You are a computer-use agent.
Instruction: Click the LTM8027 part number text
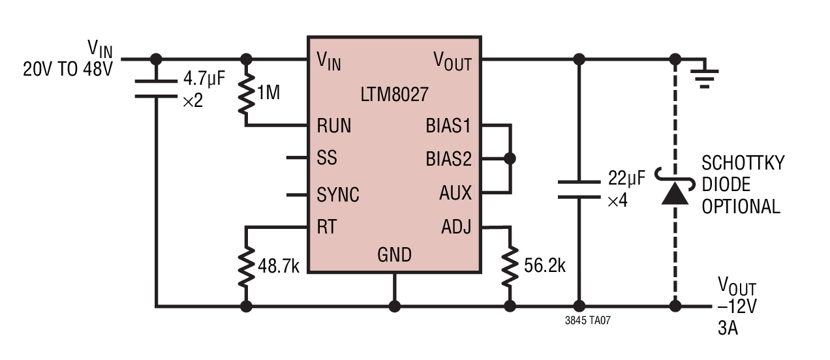click(x=394, y=95)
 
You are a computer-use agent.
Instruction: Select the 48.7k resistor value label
click(x=279, y=266)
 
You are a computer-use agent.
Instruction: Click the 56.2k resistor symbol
click(x=510, y=266)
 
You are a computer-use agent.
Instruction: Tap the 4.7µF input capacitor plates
click(x=156, y=89)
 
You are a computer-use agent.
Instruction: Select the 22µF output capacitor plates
click(x=579, y=189)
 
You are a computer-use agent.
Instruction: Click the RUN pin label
click(x=334, y=126)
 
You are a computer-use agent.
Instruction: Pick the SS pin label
click(x=327, y=158)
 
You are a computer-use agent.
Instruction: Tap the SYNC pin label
click(x=338, y=195)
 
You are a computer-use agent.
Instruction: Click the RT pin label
click(x=327, y=227)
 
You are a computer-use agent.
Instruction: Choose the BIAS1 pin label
click(x=448, y=126)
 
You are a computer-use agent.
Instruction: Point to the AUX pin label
click(x=455, y=193)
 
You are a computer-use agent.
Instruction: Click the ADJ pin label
click(x=456, y=227)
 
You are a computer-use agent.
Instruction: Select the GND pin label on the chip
click(x=394, y=255)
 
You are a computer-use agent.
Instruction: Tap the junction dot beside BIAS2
click(x=510, y=158)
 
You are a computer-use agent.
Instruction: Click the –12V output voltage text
click(x=737, y=307)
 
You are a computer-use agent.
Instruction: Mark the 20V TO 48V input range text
click(x=68, y=69)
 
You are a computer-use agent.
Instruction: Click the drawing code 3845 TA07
click(x=588, y=320)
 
